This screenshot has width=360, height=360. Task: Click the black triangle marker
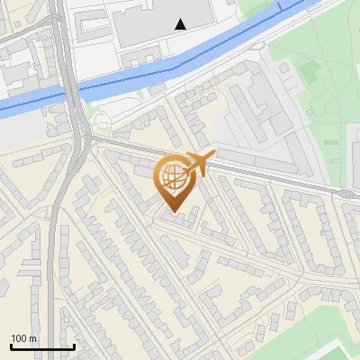[181, 24]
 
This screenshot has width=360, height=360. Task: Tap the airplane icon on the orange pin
[198, 164]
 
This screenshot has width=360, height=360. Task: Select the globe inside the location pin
[175, 175]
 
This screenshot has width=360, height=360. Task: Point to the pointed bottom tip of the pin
[175, 212]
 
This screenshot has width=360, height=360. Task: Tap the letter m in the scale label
[33, 338]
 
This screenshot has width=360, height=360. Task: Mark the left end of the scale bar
[10, 347]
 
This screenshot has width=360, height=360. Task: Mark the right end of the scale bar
[74, 347]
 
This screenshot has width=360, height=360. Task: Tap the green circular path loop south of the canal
[101, 121]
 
